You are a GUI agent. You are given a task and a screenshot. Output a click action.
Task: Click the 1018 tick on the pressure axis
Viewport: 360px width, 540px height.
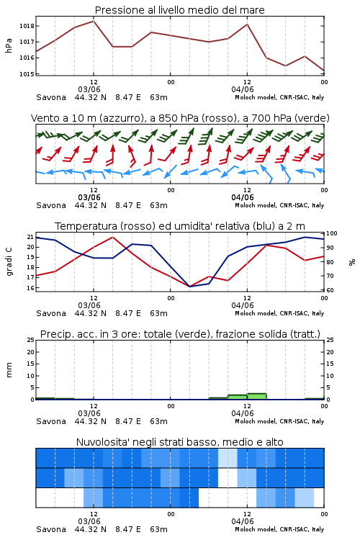point(27,26)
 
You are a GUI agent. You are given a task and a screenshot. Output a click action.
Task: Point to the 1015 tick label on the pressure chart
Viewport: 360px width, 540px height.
point(27,73)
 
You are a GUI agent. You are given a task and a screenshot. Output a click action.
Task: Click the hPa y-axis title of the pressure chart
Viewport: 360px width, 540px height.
point(9,45)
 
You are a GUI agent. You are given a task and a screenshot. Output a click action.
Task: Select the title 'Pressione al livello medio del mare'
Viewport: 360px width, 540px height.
point(180,10)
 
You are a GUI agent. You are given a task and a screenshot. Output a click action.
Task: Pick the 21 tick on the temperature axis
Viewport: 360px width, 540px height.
point(30,237)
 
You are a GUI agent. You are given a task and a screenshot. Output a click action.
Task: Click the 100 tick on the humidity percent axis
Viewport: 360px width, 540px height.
point(331,233)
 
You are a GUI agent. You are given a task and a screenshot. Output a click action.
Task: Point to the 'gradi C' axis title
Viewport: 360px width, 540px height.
point(9,261)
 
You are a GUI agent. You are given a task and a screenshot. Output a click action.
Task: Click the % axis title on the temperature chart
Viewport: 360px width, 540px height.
point(352,262)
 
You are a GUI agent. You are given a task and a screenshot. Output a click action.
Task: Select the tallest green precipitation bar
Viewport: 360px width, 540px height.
point(256,397)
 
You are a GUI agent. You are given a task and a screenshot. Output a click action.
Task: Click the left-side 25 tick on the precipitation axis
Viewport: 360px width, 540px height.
point(30,340)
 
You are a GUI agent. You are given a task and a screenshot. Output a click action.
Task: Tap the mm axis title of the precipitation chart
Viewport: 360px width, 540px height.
point(9,370)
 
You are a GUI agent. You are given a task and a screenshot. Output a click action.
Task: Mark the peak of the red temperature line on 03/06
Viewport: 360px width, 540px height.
point(112,237)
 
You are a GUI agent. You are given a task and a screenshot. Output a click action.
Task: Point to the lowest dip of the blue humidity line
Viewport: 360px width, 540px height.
point(189,287)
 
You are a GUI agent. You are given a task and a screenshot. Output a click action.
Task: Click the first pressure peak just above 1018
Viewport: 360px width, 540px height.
point(94,21)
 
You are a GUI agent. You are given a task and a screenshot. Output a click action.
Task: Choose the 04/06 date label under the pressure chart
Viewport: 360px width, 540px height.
point(243,89)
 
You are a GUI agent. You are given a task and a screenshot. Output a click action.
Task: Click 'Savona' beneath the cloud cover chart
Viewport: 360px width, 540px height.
point(51,529)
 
